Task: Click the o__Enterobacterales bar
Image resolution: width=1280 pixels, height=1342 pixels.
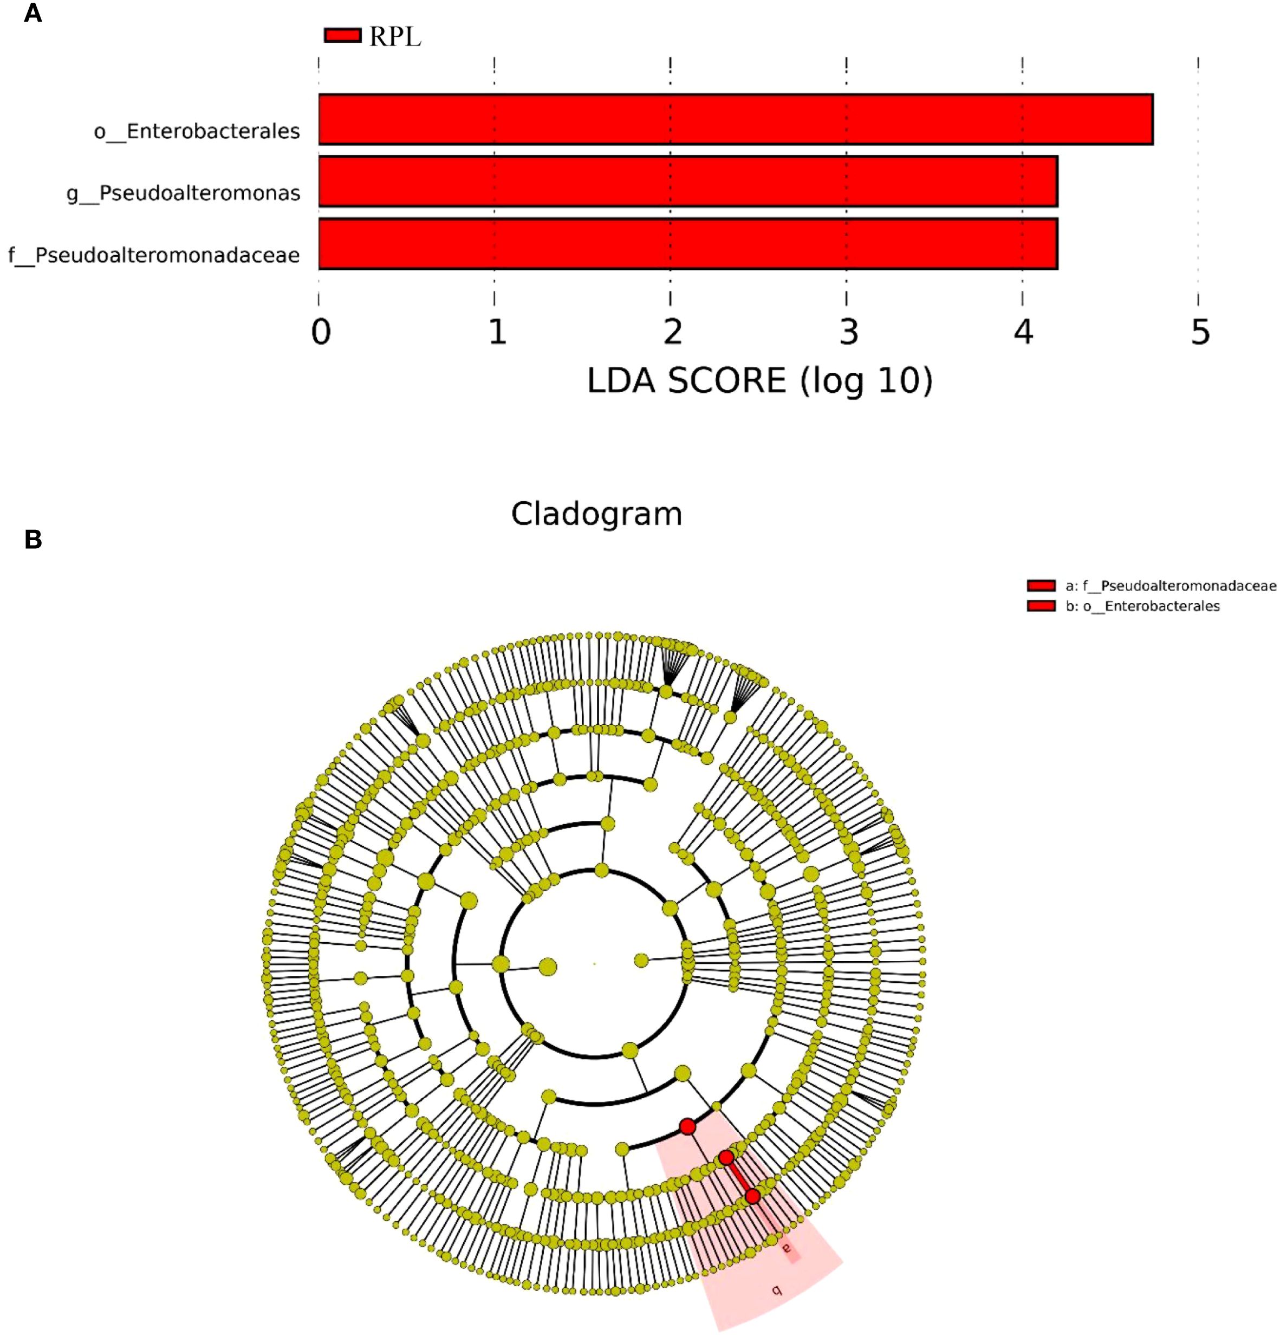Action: pos(736,119)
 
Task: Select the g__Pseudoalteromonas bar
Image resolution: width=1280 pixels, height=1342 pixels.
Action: pos(688,181)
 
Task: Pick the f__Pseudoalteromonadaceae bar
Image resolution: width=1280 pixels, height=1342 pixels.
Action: pos(688,244)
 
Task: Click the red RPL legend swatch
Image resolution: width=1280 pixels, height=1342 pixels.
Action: pos(342,35)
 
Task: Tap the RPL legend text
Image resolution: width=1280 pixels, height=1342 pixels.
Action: pos(395,37)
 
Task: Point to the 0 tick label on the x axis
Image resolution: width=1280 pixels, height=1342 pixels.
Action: pos(321,332)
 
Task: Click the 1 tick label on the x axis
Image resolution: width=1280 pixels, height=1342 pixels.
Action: pos(497,332)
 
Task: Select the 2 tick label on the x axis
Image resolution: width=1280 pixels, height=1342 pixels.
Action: pos(673,332)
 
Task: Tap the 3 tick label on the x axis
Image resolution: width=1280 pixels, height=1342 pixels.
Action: pos(849,332)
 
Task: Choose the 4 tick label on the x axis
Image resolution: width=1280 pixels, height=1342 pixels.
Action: pos(1023,332)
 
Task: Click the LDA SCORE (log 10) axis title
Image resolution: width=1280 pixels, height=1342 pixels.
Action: pos(759,381)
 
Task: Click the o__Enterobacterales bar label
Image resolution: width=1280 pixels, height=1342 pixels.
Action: pos(197,131)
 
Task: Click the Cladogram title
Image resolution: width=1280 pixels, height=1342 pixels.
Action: pos(596,514)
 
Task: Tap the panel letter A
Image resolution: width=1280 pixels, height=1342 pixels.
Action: pos(33,14)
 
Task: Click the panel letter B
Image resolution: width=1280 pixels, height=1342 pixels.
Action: pos(33,540)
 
